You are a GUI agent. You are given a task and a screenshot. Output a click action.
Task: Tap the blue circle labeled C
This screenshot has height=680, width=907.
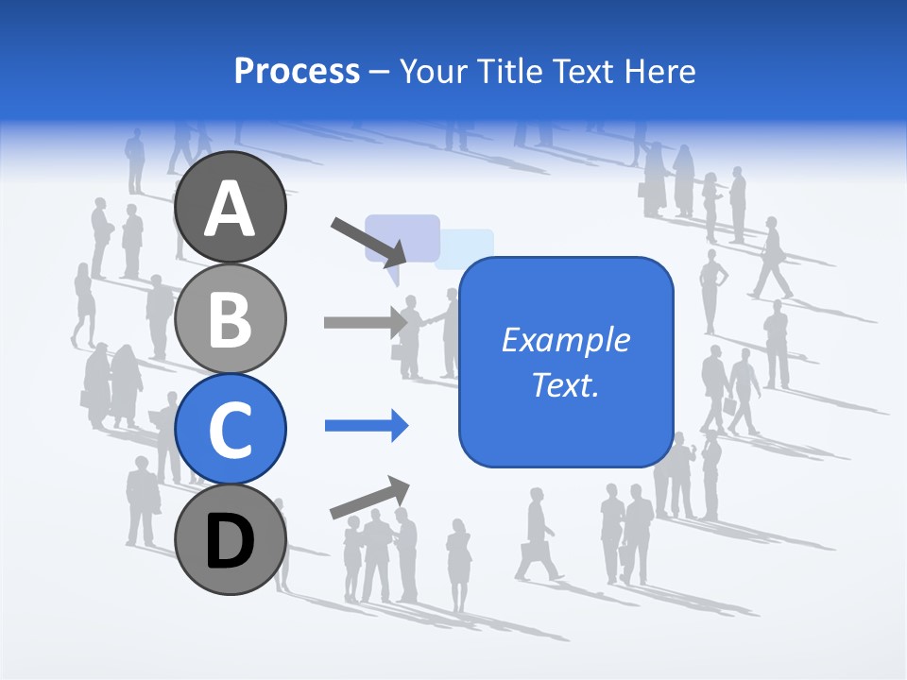(x=230, y=429)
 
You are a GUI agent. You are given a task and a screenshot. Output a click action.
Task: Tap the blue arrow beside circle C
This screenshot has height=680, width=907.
(x=367, y=426)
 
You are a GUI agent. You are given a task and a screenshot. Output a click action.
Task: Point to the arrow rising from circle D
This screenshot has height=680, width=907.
(x=369, y=498)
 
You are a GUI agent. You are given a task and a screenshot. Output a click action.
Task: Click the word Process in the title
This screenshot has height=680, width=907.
(x=297, y=71)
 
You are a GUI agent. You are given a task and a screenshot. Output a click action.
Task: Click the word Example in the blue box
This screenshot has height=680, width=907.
(x=565, y=340)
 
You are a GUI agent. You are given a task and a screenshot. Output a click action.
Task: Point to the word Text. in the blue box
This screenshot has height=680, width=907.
(x=565, y=384)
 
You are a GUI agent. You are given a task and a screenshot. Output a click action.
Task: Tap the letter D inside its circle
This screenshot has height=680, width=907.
(x=230, y=543)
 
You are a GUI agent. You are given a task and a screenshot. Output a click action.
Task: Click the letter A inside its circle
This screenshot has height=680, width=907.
(x=230, y=209)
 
